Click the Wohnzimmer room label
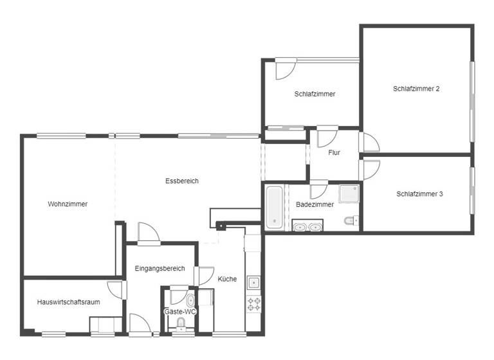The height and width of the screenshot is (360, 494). pyautogui.click(x=68, y=204)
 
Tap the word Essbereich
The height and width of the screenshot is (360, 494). pyautogui.click(x=182, y=181)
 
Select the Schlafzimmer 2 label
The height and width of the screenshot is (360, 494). pyautogui.click(x=416, y=89)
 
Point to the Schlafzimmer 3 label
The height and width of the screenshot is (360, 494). pyautogui.click(x=419, y=194)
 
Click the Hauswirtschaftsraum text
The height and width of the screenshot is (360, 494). pyautogui.click(x=68, y=301)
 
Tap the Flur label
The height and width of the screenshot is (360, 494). pyautogui.click(x=334, y=153)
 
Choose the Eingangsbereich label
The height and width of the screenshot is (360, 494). pyautogui.click(x=160, y=269)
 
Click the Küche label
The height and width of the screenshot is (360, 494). pyautogui.click(x=227, y=279)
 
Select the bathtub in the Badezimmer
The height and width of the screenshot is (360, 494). pyautogui.click(x=275, y=207)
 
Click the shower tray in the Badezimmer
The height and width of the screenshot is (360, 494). pyautogui.click(x=349, y=193)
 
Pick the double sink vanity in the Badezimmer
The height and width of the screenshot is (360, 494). pyautogui.click(x=307, y=226)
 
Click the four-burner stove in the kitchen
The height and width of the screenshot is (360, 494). pyautogui.click(x=254, y=303)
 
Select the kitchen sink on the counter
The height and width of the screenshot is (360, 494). pyautogui.click(x=254, y=282)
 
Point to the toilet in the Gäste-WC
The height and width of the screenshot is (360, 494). pyautogui.click(x=190, y=301)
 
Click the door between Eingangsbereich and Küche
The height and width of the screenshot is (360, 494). pyautogui.click(x=205, y=275)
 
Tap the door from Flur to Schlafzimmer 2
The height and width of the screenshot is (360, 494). pyautogui.click(x=370, y=142)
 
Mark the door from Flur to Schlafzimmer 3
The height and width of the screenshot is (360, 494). pyautogui.click(x=370, y=169)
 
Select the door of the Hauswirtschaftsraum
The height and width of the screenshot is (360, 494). pyautogui.click(x=116, y=289)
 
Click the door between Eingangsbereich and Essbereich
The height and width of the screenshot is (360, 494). pyautogui.click(x=147, y=233)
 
